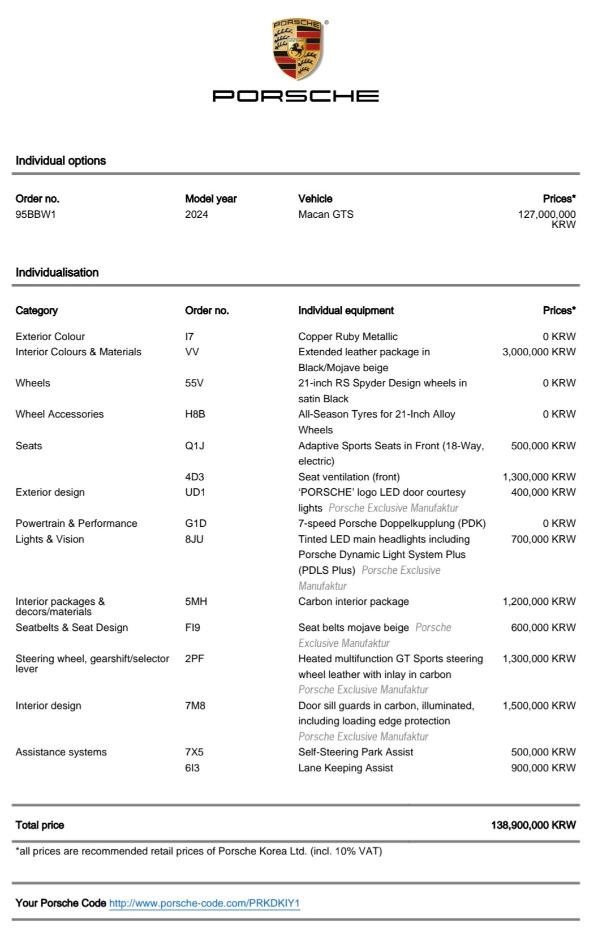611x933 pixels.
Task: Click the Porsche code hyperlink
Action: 204,903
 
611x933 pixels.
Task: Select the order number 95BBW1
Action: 36,214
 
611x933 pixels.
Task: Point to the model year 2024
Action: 196,214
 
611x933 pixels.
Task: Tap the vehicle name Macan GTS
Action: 326,214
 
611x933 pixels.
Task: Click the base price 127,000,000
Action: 547,214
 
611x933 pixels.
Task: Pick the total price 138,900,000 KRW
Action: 533,825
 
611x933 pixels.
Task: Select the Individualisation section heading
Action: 57,272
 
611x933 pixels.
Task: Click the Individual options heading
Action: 61,161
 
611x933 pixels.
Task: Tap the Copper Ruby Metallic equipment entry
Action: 348,337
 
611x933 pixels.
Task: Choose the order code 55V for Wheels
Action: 194,383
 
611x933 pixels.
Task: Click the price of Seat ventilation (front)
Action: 539,477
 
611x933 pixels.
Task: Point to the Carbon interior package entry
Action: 354,601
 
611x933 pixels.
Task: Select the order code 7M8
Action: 195,706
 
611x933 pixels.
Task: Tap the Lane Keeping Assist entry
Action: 346,768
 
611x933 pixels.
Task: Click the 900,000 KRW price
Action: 543,768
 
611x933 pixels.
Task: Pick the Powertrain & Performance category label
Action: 76,523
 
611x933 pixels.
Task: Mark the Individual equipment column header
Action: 346,311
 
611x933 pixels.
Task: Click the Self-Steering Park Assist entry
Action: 356,752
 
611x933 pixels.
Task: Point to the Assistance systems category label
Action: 61,752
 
